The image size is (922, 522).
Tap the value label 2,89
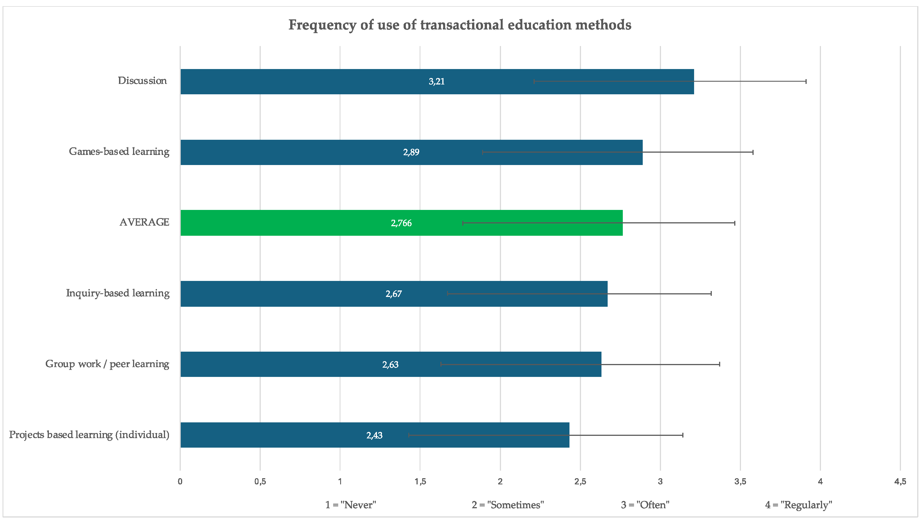411,152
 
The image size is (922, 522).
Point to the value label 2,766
401,223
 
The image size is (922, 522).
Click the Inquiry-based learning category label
118,293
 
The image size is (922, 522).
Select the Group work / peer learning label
107,364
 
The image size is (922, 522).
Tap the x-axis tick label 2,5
580,482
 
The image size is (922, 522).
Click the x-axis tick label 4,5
900,482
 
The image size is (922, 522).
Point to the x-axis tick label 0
180,482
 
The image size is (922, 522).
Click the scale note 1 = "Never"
350,505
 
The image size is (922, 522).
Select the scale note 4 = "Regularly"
798,505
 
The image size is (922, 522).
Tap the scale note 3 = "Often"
645,505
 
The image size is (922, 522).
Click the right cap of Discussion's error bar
806,81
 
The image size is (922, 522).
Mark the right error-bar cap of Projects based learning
683,435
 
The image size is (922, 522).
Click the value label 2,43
374,435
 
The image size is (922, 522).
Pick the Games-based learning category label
119,152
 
